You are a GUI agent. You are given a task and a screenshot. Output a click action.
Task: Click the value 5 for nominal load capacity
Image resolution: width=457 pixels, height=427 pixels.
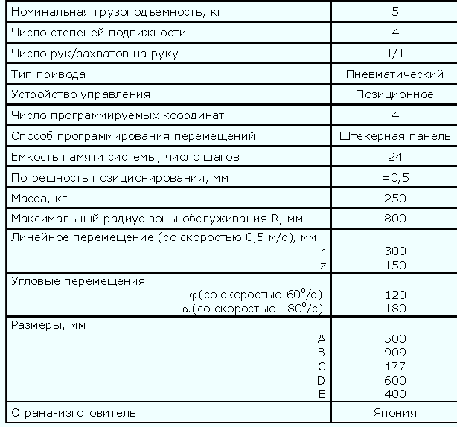click(395, 12)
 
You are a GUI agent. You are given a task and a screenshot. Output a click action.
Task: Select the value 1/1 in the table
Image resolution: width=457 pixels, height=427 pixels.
click(395, 54)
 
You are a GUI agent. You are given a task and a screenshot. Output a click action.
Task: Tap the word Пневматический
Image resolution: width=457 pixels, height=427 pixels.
click(395, 74)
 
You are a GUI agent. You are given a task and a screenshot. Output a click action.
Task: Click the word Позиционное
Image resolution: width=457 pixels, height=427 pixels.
click(395, 94)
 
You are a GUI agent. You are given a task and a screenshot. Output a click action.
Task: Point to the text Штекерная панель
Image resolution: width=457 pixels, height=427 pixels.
click(395, 136)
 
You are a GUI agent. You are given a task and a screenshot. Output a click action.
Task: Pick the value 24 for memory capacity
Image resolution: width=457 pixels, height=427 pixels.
click(395, 157)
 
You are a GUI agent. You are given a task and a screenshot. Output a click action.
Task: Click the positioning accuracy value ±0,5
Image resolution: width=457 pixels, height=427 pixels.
click(395, 177)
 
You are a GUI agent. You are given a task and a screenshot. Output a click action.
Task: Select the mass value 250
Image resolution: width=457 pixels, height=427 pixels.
click(395, 198)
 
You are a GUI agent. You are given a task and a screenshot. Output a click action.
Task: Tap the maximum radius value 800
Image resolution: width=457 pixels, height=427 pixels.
click(395, 218)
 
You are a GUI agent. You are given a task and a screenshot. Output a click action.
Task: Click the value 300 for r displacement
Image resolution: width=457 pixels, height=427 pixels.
click(395, 251)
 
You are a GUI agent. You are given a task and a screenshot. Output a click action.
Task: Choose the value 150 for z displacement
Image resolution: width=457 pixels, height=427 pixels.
click(395, 266)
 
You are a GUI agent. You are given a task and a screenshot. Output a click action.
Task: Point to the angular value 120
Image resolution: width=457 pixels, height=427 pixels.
click(395, 295)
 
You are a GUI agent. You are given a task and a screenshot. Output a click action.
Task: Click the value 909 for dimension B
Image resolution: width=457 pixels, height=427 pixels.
click(395, 352)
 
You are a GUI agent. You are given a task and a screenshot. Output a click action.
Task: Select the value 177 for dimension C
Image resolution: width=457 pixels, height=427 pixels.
click(395, 366)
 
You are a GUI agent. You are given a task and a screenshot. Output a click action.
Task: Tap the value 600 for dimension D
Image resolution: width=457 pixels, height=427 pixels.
click(395, 380)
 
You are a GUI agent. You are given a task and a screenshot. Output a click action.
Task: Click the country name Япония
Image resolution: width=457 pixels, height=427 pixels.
click(395, 413)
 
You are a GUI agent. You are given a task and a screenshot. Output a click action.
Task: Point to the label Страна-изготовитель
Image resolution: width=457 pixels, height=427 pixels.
click(72, 413)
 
